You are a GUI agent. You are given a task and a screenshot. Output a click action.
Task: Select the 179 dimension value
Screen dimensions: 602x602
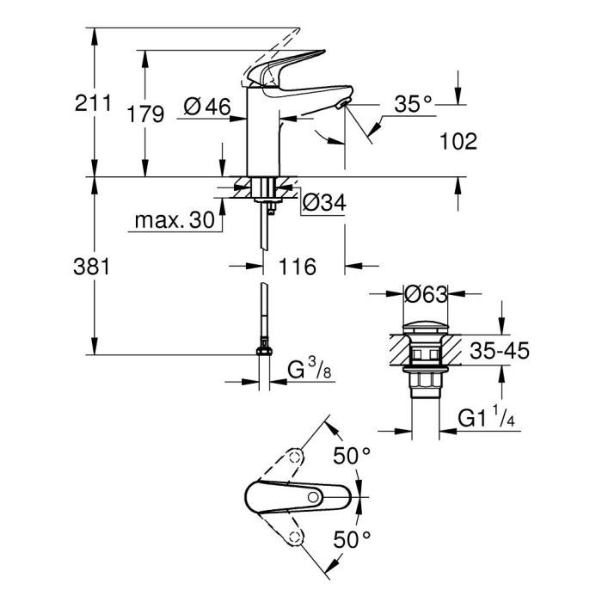coord(145,114)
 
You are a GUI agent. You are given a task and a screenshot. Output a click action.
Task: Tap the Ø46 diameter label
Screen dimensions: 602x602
coord(207,107)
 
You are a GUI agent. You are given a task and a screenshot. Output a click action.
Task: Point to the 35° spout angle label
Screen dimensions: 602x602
coord(414,104)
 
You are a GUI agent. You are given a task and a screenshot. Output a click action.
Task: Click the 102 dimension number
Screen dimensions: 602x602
coord(458,142)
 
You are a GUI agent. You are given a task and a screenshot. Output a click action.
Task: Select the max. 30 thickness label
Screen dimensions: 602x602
coord(175,221)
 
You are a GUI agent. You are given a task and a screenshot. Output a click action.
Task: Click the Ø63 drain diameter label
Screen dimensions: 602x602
coord(426,295)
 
